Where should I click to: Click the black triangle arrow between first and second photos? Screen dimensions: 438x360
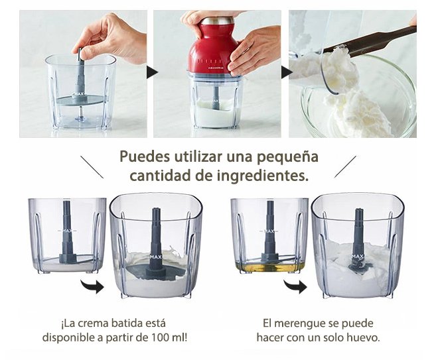click(x=152, y=72)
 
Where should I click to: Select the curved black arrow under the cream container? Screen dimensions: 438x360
click(x=93, y=286)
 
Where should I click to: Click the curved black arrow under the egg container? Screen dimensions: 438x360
click(x=296, y=286)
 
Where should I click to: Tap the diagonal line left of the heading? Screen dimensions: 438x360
click(x=92, y=167)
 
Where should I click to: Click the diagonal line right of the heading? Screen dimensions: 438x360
click(x=345, y=167)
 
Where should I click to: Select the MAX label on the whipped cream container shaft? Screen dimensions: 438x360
click(x=155, y=257)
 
